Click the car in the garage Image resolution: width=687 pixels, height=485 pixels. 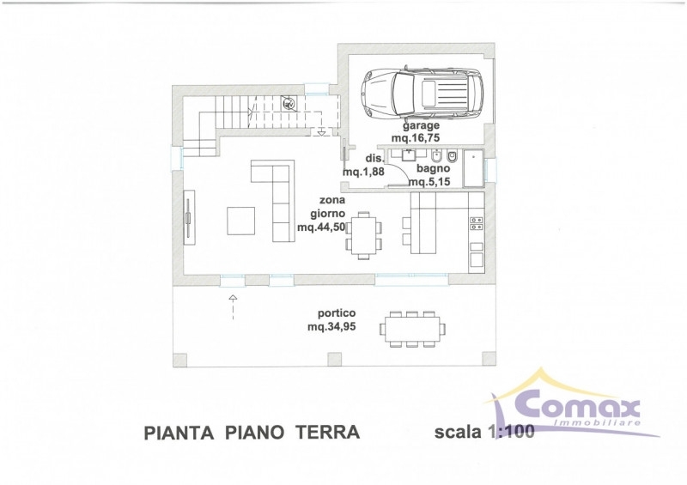[x=423, y=93]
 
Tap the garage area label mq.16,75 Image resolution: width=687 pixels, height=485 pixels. [x=416, y=138]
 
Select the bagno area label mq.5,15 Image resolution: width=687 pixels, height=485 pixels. [x=429, y=181]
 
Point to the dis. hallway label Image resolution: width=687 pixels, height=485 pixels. [x=374, y=159]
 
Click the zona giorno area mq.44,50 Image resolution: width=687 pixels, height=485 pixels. [x=321, y=227]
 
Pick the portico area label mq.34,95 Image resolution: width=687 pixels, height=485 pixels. [x=331, y=326]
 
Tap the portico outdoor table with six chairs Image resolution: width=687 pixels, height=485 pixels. [x=412, y=329]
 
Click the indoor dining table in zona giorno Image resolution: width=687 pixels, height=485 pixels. [x=363, y=236]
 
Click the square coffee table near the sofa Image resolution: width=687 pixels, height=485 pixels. [x=240, y=221]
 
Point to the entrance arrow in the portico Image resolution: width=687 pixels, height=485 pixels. [x=233, y=307]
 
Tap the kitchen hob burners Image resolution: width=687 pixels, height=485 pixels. [x=477, y=223]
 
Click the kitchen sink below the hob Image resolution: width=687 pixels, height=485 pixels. [x=477, y=259]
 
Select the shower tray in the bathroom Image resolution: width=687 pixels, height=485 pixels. [x=473, y=167]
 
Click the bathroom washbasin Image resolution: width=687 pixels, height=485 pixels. [x=410, y=155]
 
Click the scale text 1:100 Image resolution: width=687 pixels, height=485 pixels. [x=510, y=432]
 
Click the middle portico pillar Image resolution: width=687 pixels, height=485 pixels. [x=334, y=360]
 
